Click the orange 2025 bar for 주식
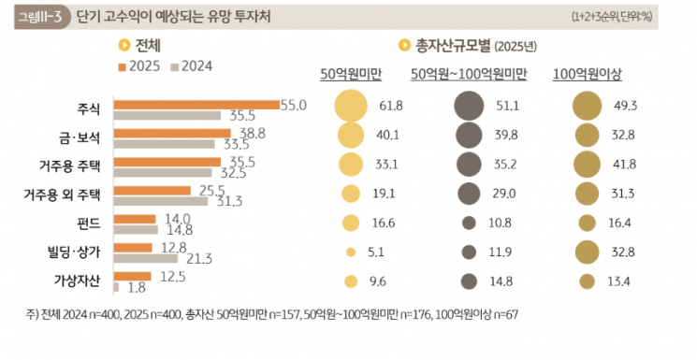click(x=196, y=104)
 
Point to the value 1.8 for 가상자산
click(x=137, y=288)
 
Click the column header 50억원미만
click(x=351, y=74)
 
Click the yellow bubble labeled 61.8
click(x=351, y=107)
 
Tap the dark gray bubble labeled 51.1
click(x=469, y=107)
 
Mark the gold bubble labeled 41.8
click(x=587, y=165)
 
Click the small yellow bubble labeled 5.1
click(x=351, y=252)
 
